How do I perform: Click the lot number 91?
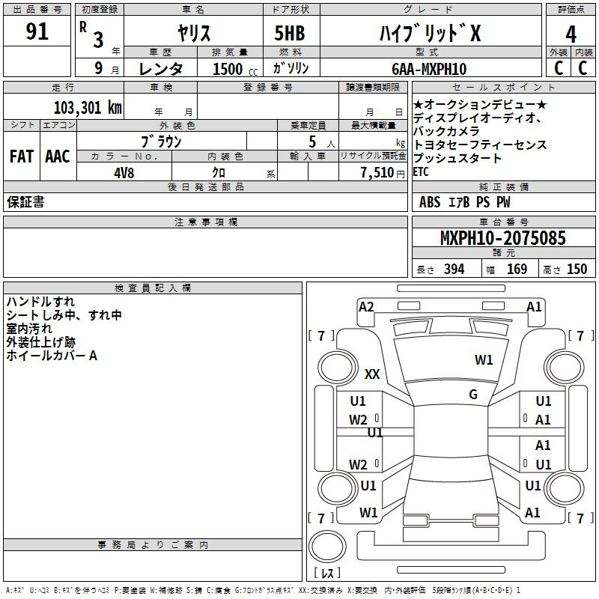37,31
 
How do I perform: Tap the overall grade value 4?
571,34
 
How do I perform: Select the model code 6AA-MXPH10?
429,69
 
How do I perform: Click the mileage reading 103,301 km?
88,108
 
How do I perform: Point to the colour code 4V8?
124,173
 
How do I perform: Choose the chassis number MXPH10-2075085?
502,238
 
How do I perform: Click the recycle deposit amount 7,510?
377,173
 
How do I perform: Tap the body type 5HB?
290,33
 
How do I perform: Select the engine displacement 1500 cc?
235,69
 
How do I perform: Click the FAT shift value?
22,156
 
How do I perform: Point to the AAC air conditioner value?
58,156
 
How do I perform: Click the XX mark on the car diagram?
372,374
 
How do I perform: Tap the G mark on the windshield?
473,395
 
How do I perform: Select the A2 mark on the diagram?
366,307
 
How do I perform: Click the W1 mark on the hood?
484,360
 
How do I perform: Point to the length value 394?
454,269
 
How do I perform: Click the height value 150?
577,269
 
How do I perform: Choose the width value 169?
517,269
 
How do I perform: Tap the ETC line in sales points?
421,172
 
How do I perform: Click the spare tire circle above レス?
327,546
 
